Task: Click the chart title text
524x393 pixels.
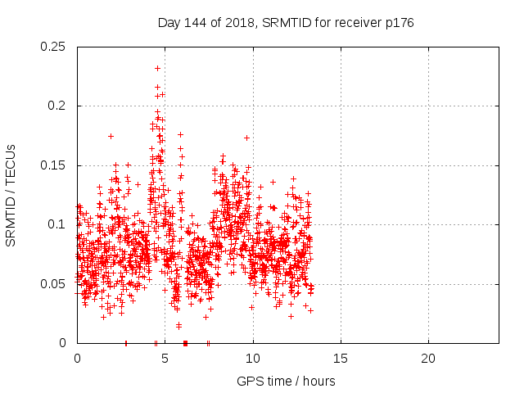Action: pos(285,23)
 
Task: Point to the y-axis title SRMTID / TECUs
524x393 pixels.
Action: pos(11,195)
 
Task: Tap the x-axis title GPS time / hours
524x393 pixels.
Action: pos(286,381)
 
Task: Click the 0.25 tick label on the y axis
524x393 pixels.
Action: pos(54,47)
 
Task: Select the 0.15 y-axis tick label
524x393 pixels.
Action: pos(54,165)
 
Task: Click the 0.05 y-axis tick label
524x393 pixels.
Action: pos(54,284)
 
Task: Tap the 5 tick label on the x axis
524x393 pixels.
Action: pos(165,359)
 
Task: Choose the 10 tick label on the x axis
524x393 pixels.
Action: pos(253,359)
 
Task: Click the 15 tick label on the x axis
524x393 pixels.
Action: pos(341,359)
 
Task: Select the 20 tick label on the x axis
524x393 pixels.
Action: pos(428,359)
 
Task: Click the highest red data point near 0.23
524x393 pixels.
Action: pos(157,68)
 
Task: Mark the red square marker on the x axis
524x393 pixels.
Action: pos(185,343)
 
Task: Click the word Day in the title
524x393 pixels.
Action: pos(169,23)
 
